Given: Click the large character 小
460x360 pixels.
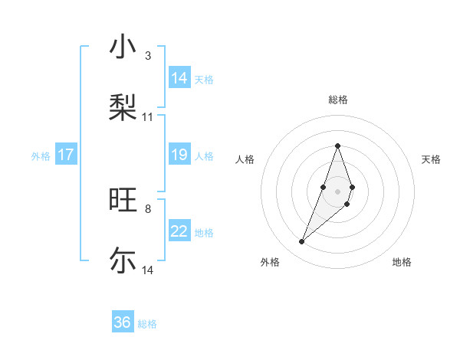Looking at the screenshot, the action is point(123,47).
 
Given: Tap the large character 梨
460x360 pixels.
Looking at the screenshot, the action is point(123,106).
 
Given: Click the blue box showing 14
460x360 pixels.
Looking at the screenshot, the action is point(179,78).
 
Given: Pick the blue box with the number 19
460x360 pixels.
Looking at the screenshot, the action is point(179,155).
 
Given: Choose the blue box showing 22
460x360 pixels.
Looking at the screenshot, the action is point(179,232).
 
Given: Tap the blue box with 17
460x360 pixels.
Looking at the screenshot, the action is point(66,155).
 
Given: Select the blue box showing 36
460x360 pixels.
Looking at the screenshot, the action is point(123,322).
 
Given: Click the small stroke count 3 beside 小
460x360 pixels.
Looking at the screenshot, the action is point(148,56).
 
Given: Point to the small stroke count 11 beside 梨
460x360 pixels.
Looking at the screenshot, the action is point(148,117).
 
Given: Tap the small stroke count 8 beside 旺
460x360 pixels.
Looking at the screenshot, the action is point(148,208).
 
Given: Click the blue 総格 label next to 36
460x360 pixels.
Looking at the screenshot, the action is point(147,324).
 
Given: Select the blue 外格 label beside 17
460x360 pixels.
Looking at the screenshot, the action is point(41,156).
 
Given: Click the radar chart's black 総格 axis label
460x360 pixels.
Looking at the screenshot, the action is point(337,100).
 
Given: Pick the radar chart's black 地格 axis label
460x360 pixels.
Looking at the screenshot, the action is point(402,262).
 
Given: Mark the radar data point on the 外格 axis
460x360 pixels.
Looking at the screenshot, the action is point(302,242).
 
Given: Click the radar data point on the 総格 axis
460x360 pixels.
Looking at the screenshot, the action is point(337,146).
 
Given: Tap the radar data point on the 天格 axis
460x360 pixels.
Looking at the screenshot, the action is point(352,187).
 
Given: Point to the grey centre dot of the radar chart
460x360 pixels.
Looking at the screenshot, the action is point(337,191).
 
